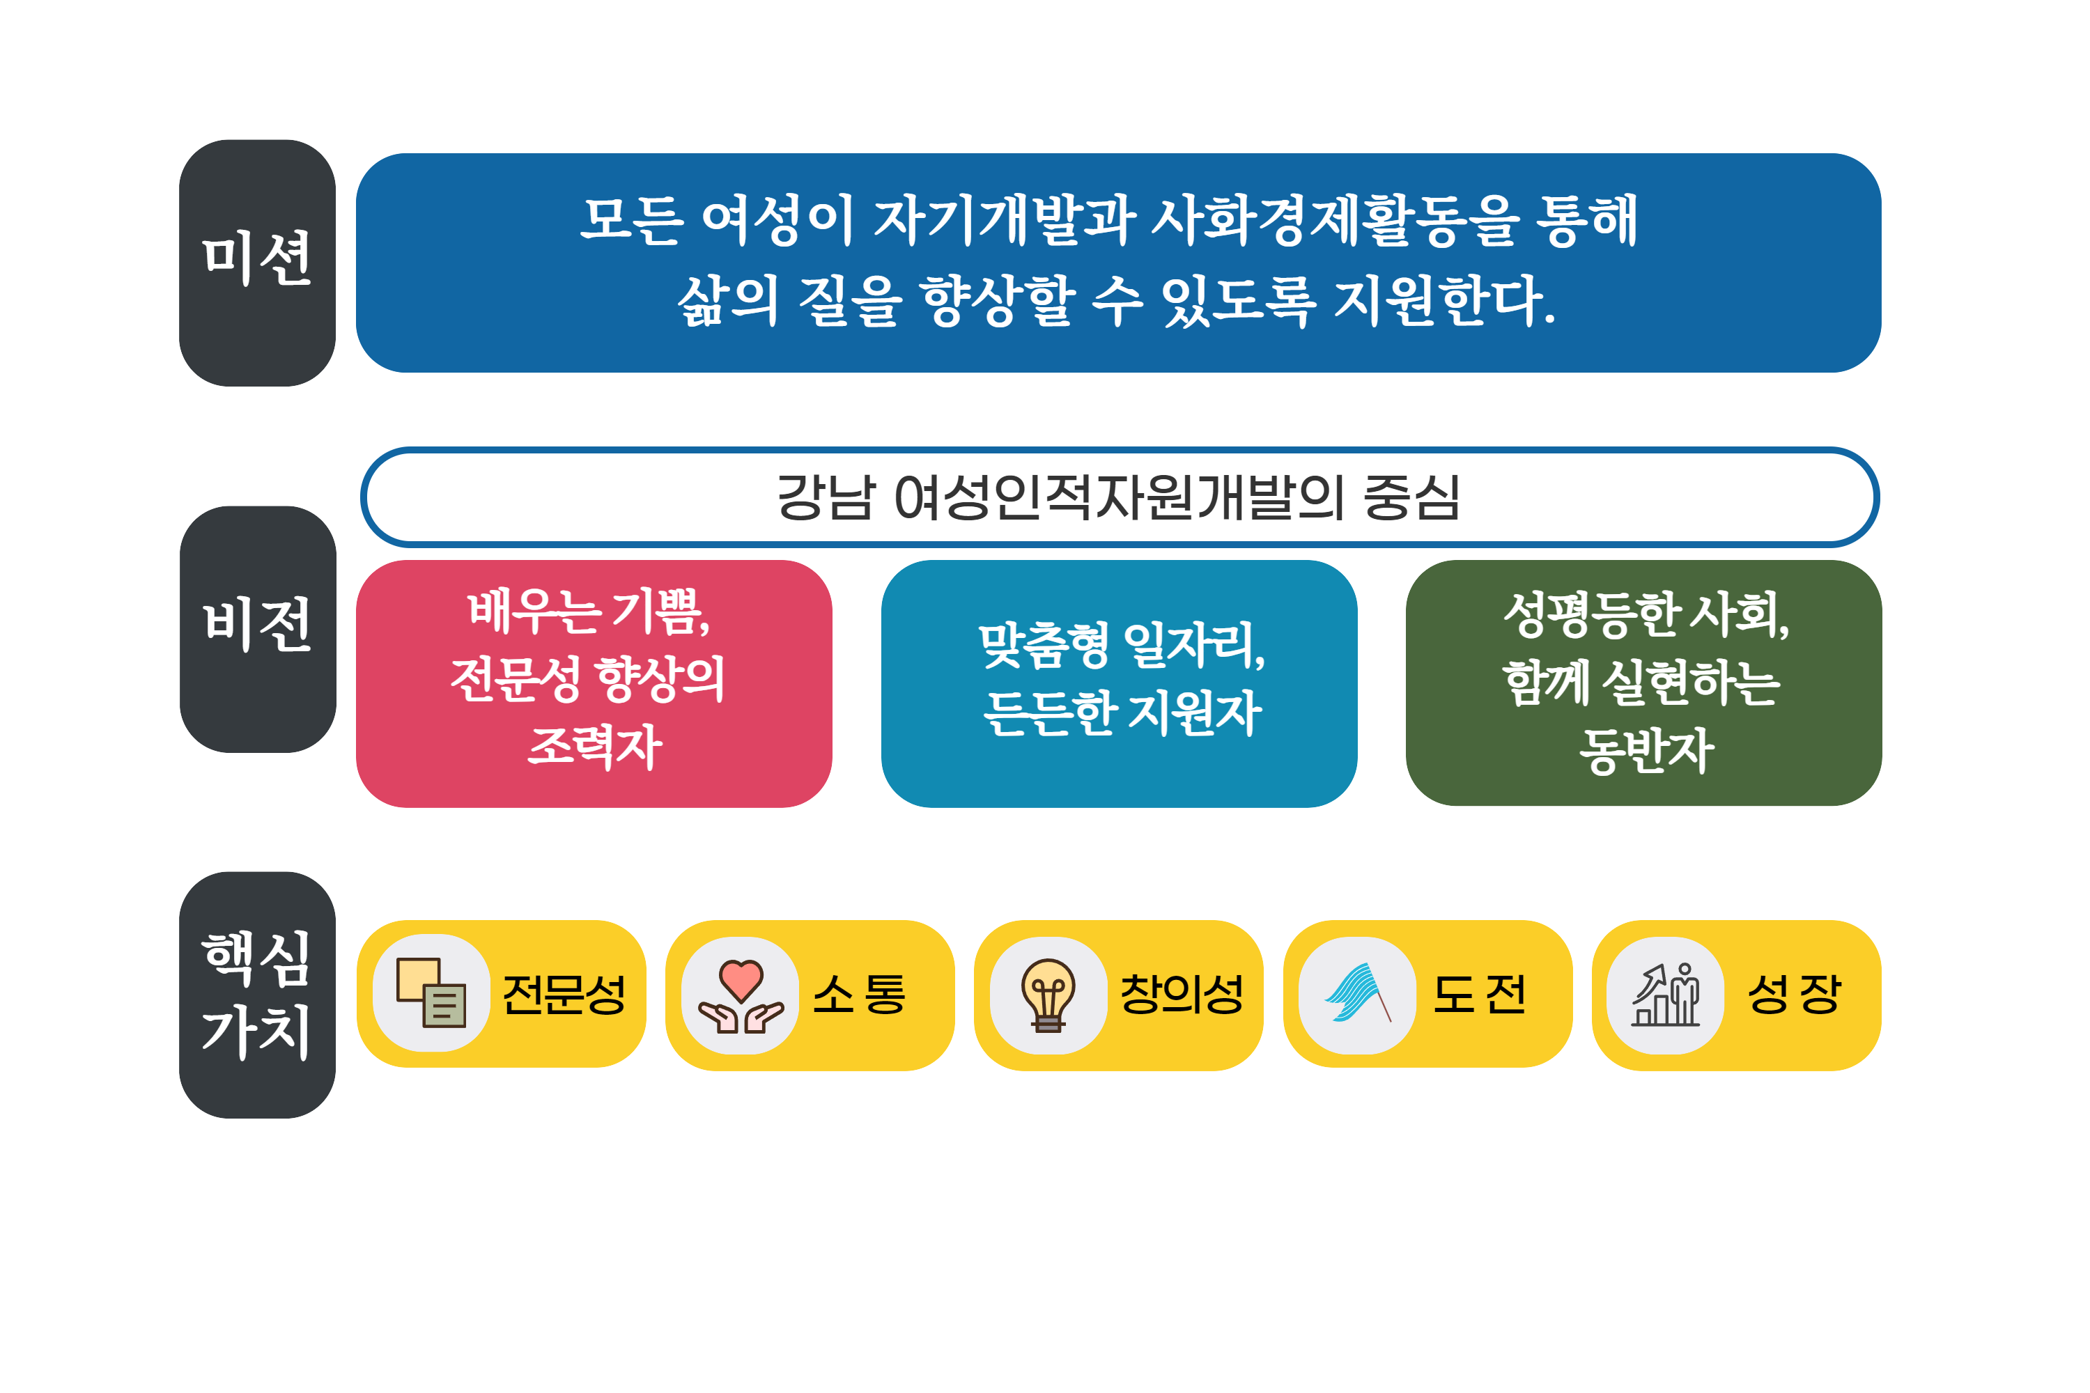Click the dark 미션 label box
point(258,263)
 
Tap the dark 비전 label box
point(258,629)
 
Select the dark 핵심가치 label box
point(258,995)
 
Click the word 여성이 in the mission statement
point(777,219)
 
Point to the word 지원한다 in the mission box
point(1445,300)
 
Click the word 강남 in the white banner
point(826,497)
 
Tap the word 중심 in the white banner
point(1412,497)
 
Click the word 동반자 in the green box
point(1646,751)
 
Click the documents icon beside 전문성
point(431,993)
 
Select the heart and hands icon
point(740,996)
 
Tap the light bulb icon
point(1048,995)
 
